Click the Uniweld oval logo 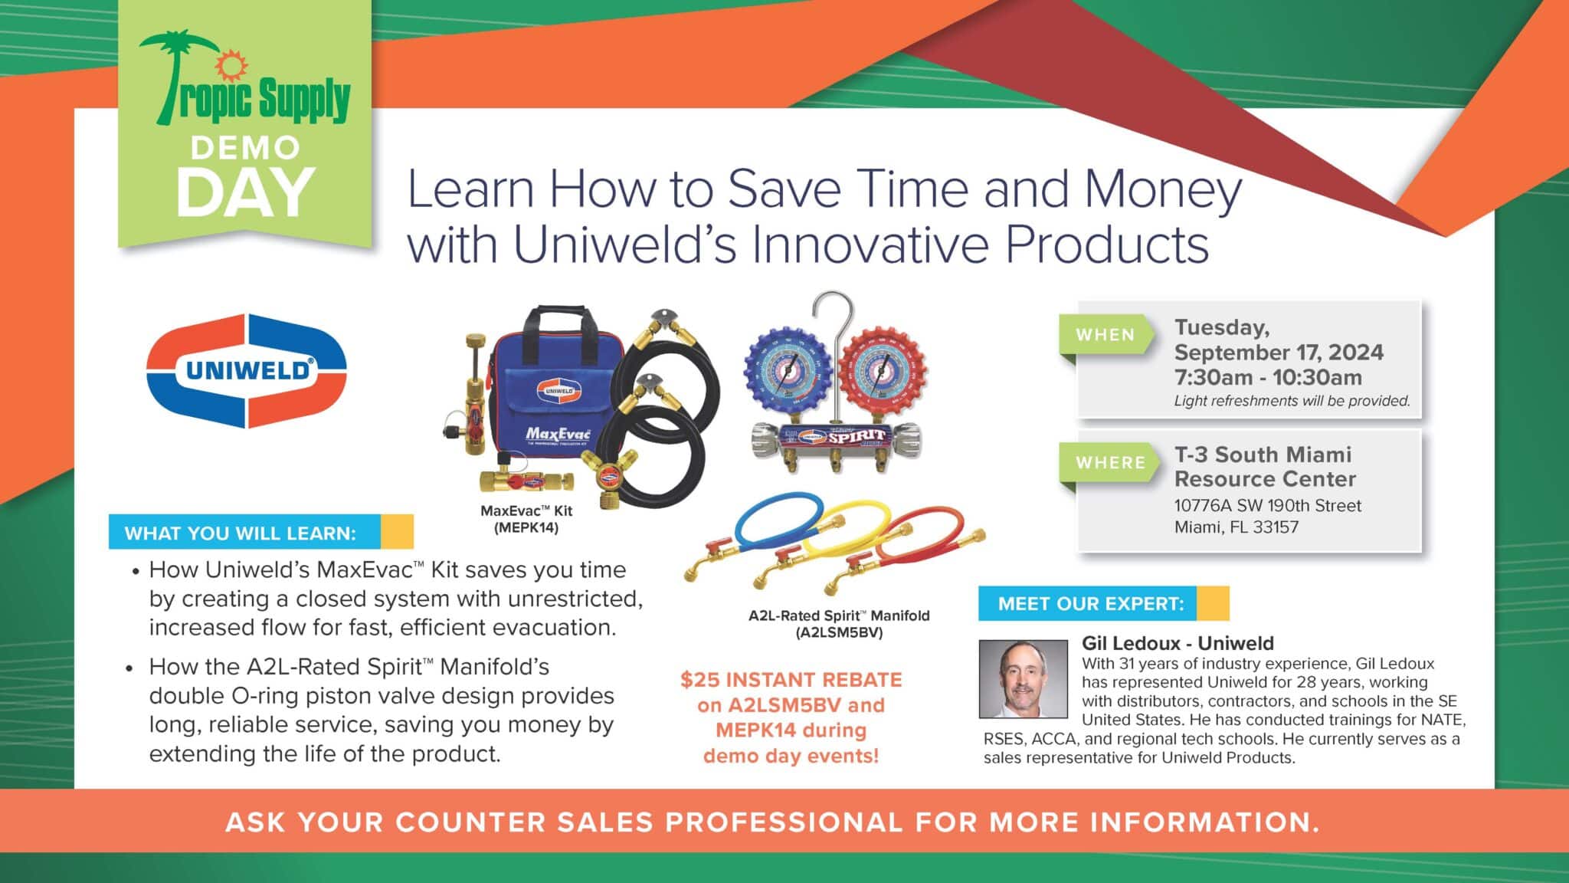tap(246, 371)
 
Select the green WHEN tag tap(1106, 335)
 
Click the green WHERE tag tap(1109, 463)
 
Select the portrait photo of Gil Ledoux tap(1023, 679)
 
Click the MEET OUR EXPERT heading tap(1091, 604)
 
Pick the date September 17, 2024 tap(1279, 353)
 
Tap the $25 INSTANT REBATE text tap(791, 680)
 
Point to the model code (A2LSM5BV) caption tap(839, 633)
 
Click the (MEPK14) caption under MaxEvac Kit tap(526, 528)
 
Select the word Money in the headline tap(1164, 190)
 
